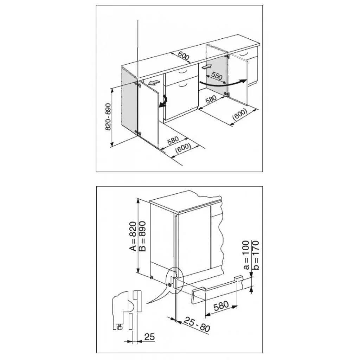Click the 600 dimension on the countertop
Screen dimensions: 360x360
(x=184, y=56)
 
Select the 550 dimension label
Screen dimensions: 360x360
(x=217, y=76)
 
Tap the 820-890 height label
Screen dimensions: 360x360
(x=108, y=117)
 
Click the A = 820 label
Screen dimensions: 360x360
(x=133, y=236)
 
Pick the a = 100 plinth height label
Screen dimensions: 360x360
(x=246, y=255)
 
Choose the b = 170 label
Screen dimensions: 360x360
(x=256, y=255)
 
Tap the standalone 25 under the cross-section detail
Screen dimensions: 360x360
(x=149, y=337)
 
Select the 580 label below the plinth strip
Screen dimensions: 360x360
(x=221, y=306)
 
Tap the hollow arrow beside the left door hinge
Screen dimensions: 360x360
(x=154, y=82)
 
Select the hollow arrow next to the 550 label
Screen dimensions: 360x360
(x=207, y=67)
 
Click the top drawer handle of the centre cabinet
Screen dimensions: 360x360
(x=183, y=72)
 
